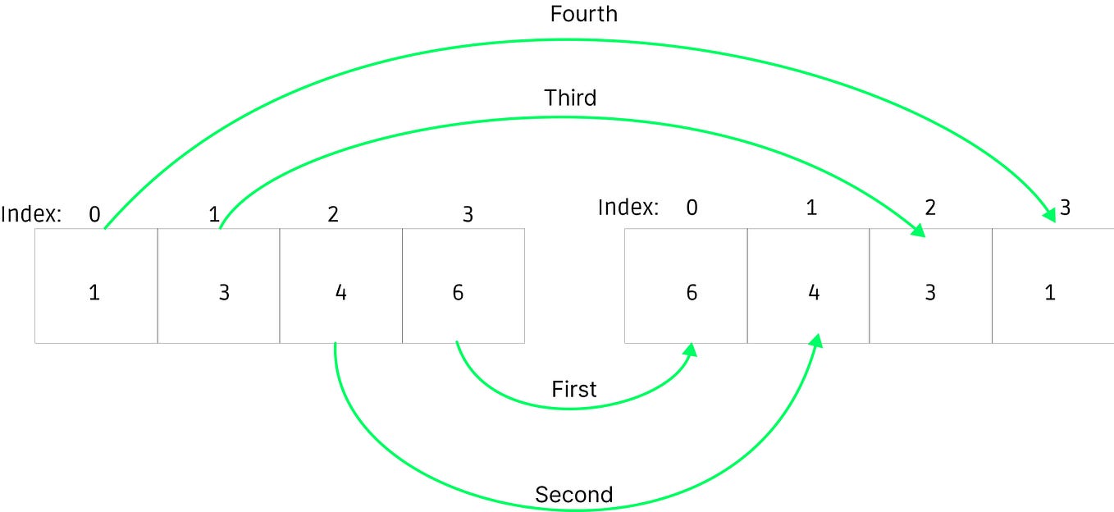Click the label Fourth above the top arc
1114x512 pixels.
tap(583, 14)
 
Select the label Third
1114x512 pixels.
tap(570, 98)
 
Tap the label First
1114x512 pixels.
tap(573, 389)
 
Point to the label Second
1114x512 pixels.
tap(573, 495)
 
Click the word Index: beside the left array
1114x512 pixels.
tap(31, 214)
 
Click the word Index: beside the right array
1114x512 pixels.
tap(628, 207)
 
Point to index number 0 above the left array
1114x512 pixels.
tap(94, 215)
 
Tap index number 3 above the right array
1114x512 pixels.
tap(1065, 208)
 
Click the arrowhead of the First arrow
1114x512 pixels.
tap(691, 350)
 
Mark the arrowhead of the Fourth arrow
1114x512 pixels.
tap(1049, 216)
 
